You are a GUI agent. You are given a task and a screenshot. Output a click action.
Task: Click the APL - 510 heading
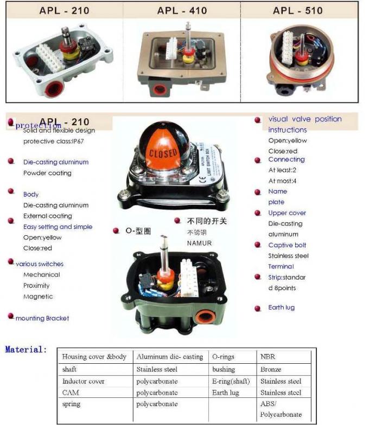[x=298, y=10]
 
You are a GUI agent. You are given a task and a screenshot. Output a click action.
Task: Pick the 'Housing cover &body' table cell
[x=94, y=357]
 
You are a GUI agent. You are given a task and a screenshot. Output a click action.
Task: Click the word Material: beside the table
[x=26, y=350]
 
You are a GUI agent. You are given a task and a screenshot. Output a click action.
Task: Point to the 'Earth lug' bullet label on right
[x=281, y=307]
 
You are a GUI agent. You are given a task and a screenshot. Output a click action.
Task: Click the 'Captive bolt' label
[x=287, y=245]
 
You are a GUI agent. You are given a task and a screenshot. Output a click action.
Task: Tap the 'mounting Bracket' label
[x=42, y=318]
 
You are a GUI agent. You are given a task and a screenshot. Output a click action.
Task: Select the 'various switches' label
[x=40, y=264]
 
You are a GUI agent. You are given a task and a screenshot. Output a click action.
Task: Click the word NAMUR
[x=199, y=243]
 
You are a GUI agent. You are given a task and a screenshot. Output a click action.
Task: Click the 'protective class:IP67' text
[x=53, y=141]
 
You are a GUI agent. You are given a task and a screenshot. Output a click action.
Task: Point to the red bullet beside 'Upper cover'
[x=258, y=213]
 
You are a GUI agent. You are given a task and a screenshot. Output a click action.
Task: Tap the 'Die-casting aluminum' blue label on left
[x=55, y=162]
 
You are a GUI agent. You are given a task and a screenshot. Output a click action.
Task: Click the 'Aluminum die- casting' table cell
[x=170, y=357]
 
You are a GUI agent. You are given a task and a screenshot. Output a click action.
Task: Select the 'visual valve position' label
[x=305, y=119]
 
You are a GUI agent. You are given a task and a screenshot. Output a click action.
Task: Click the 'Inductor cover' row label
[x=83, y=381]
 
